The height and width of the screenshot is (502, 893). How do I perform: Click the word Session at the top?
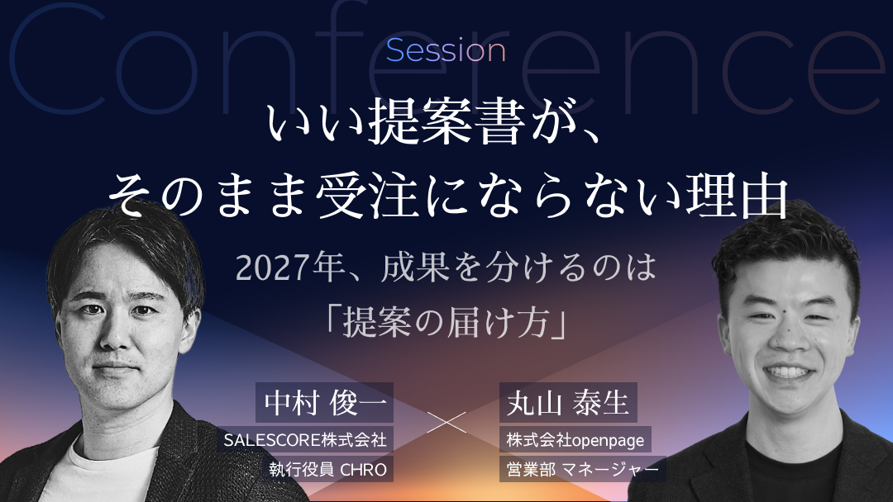coord(446,50)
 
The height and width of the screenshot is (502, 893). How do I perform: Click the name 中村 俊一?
coord(325,403)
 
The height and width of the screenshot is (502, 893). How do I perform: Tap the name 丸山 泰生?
coord(568,403)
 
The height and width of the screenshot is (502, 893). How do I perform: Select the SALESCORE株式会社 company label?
coord(305,439)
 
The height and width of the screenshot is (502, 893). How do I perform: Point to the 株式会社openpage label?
coord(575,439)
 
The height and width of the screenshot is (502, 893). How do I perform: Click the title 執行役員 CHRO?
coord(328,470)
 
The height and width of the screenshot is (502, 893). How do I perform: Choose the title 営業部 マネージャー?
coord(582,470)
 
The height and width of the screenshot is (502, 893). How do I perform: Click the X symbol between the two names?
coord(446,422)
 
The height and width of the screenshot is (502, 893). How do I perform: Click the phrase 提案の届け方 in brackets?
coord(446,322)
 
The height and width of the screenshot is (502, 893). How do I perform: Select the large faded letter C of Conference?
coord(57,59)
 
